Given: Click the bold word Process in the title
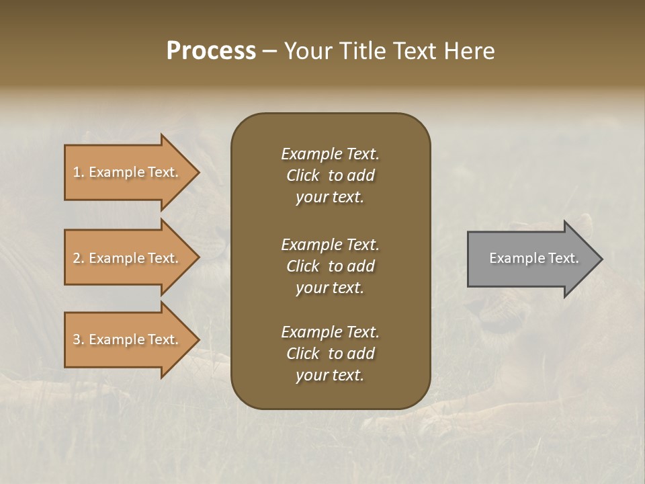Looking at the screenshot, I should (x=211, y=51).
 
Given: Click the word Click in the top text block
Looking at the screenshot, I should (x=303, y=175).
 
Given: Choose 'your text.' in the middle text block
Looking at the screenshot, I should (x=330, y=288).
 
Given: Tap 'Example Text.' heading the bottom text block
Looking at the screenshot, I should (x=330, y=332).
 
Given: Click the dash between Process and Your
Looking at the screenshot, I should (x=269, y=52).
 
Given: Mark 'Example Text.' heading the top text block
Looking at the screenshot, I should (x=330, y=154).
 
